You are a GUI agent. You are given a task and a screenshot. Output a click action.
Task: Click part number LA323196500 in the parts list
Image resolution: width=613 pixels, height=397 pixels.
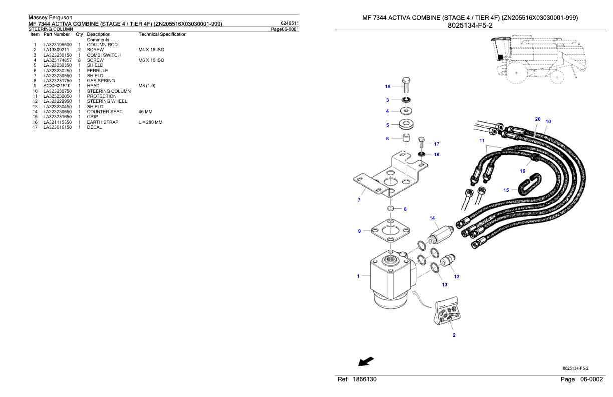(58, 45)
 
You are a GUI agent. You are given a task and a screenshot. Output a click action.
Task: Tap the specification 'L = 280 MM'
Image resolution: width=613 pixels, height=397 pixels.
(150, 122)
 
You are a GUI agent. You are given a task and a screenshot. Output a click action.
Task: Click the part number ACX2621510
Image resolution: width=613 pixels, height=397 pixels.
(57, 86)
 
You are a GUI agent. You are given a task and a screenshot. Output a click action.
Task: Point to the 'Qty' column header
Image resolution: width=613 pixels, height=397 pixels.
(79, 34)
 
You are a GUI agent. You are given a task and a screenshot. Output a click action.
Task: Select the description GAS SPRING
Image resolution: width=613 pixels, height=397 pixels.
(101, 81)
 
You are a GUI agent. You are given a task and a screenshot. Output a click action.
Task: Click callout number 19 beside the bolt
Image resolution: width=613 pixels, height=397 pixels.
(388, 87)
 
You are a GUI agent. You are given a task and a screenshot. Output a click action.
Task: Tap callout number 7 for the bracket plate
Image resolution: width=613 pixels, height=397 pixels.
(359, 200)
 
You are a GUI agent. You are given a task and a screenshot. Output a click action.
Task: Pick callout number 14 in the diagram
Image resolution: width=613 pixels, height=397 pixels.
(433, 218)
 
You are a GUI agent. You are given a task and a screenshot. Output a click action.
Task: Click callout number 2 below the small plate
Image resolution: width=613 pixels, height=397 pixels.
(454, 335)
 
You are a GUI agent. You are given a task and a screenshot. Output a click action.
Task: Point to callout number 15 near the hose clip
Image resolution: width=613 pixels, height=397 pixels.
(506, 190)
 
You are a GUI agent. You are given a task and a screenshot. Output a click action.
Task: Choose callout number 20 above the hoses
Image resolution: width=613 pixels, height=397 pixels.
(538, 119)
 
